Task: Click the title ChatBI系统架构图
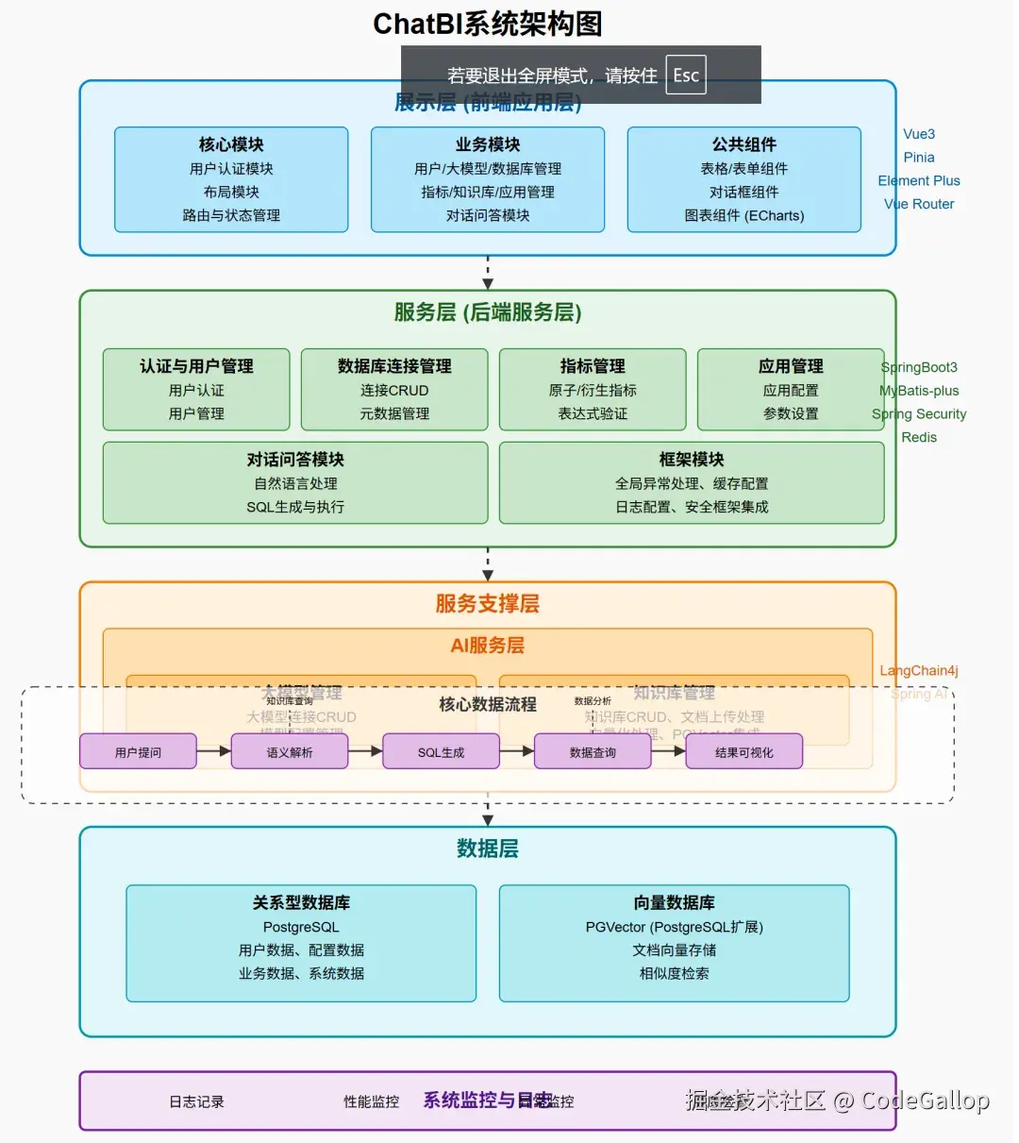pyautogui.click(x=487, y=24)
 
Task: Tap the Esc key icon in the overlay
pyautogui.click(x=686, y=76)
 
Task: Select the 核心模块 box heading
pyautogui.click(x=231, y=144)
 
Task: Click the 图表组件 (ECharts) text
pyautogui.click(x=743, y=215)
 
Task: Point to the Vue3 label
pyautogui.click(x=919, y=134)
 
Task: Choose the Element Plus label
pyautogui.click(x=919, y=180)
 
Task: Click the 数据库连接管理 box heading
pyautogui.click(x=394, y=366)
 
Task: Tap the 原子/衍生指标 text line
pyautogui.click(x=593, y=390)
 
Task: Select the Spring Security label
pyautogui.click(x=919, y=413)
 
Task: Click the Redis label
pyautogui.click(x=919, y=437)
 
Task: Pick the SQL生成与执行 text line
pyautogui.click(x=295, y=507)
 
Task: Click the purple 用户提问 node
pyautogui.click(x=139, y=752)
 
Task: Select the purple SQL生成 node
pyautogui.click(x=442, y=752)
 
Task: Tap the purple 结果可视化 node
pyautogui.click(x=743, y=752)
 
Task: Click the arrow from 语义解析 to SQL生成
pyautogui.click(x=365, y=751)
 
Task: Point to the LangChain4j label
pyautogui.click(x=919, y=671)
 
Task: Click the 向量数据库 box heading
pyautogui.click(x=674, y=902)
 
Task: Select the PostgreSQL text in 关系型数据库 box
pyautogui.click(x=301, y=927)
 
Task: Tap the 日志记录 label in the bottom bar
pyautogui.click(x=196, y=1101)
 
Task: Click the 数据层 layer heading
pyautogui.click(x=487, y=849)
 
